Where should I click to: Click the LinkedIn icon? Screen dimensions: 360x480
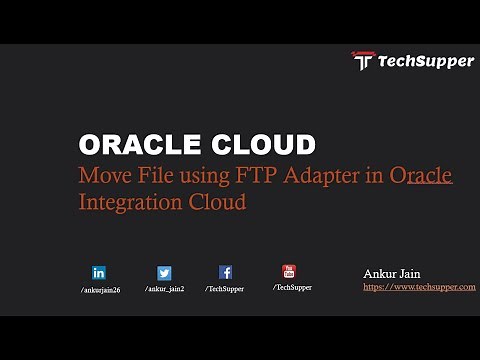click(99, 272)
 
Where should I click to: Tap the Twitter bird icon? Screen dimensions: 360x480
click(164, 272)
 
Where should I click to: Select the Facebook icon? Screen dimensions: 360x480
click(226, 272)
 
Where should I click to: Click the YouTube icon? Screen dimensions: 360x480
click(289, 270)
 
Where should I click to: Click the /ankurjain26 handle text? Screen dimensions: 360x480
click(100, 290)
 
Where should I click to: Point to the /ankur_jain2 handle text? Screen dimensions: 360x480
click(164, 289)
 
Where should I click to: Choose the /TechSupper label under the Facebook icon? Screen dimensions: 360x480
click(225, 289)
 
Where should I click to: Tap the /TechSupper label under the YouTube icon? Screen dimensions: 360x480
click(292, 287)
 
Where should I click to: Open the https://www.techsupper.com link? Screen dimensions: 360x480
click(418, 286)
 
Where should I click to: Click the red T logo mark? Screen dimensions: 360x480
click(362, 61)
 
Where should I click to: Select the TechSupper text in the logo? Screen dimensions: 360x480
click(425, 61)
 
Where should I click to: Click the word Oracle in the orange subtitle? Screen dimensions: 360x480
click(421, 176)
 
